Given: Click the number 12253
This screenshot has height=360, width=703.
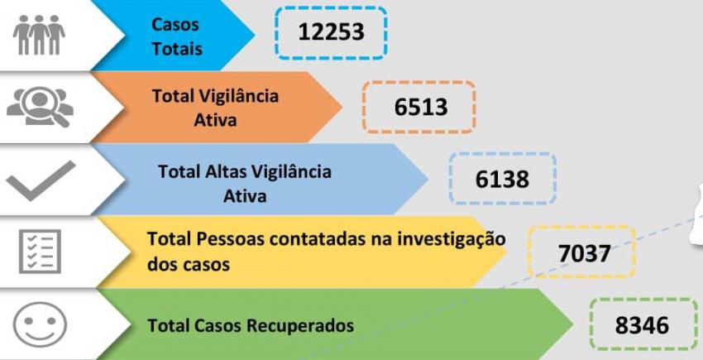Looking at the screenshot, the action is coord(331,32).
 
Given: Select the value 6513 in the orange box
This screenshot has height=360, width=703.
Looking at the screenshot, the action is coord(421,108).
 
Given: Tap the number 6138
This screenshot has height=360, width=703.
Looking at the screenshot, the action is coord(502,179).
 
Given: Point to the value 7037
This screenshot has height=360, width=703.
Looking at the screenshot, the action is coord(584,253).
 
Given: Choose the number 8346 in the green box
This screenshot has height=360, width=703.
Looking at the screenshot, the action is coord(642,325).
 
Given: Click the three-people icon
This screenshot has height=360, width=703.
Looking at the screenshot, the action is coord(39,35).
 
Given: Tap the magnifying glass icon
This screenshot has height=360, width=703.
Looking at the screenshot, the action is coord(41,107).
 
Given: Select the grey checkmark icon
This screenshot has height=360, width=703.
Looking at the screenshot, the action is coord(41,180).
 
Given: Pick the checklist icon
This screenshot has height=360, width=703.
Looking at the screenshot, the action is coord(40,251).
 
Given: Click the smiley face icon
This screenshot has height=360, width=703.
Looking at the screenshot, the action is coord(40,324).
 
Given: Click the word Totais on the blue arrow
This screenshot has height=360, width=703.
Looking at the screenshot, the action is coord(177,49).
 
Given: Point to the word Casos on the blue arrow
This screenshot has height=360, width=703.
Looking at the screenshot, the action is coord(175,24).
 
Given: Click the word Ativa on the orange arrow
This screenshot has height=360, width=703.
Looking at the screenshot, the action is coord(215,120).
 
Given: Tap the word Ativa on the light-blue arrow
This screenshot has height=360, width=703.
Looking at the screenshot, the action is coord(245,195).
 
